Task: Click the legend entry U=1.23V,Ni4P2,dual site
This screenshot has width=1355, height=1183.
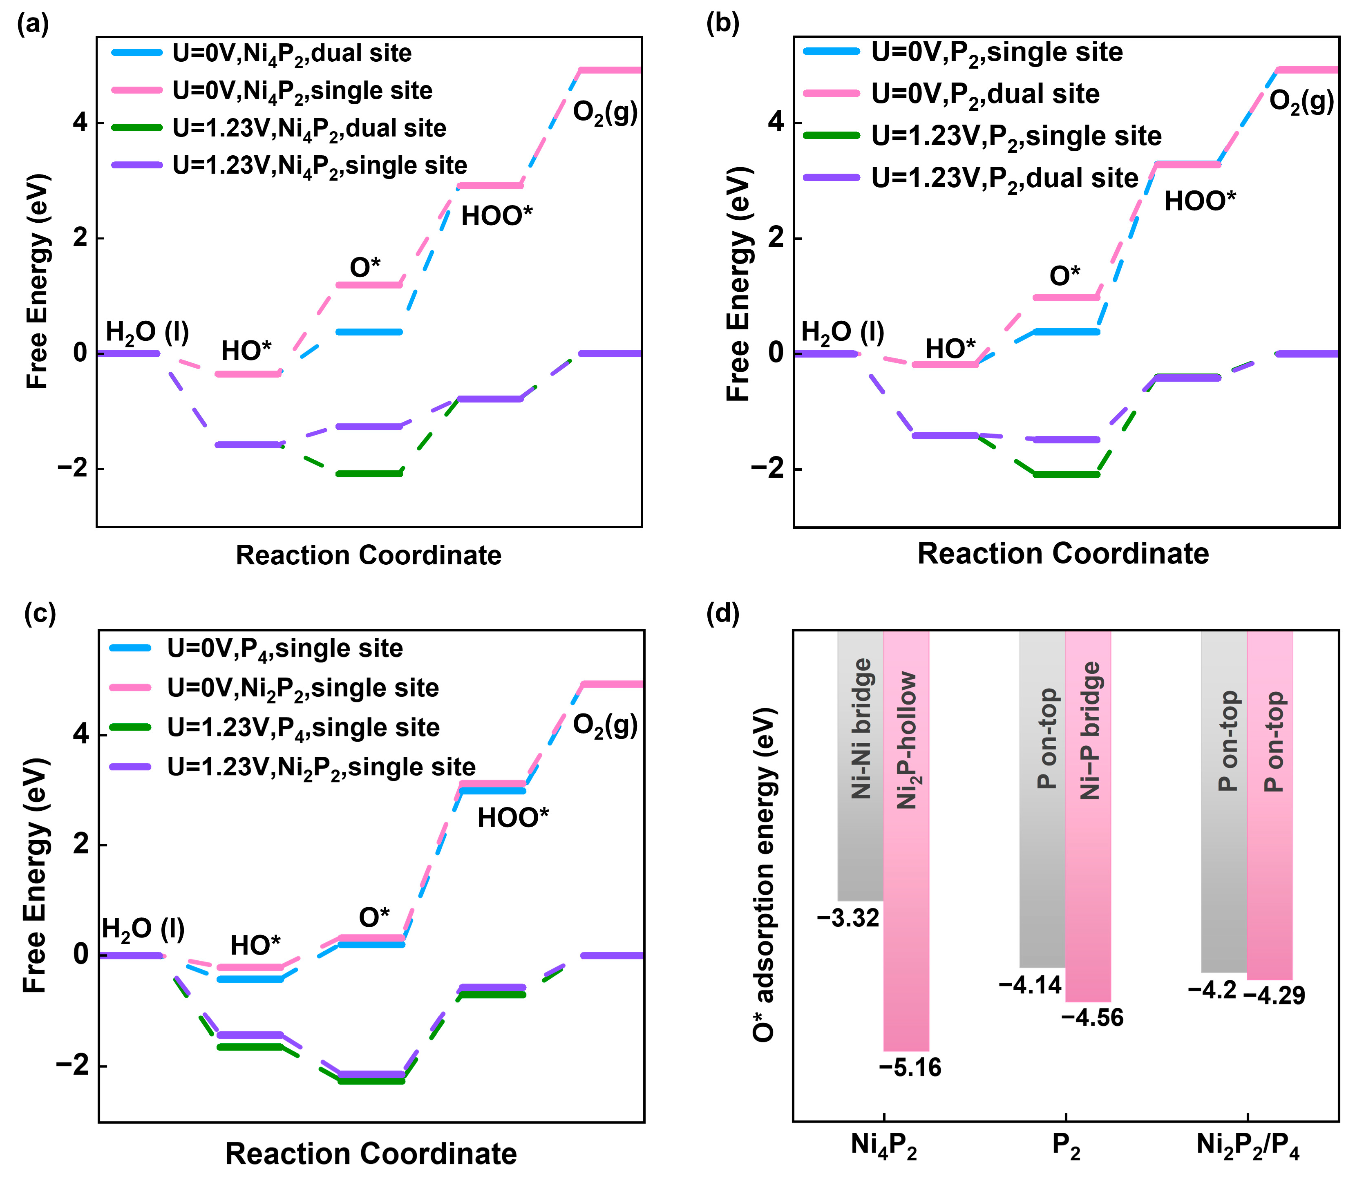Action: (x=309, y=128)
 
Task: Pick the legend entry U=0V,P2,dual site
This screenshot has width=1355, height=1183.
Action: (x=985, y=94)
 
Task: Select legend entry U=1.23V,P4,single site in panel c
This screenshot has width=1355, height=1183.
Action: (x=303, y=727)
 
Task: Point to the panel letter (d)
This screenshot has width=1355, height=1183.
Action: (x=723, y=613)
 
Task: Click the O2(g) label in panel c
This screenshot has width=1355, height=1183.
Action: (x=605, y=725)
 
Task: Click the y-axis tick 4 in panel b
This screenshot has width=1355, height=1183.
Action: (x=776, y=123)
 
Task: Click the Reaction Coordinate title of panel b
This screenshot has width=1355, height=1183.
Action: (x=1062, y=553)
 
